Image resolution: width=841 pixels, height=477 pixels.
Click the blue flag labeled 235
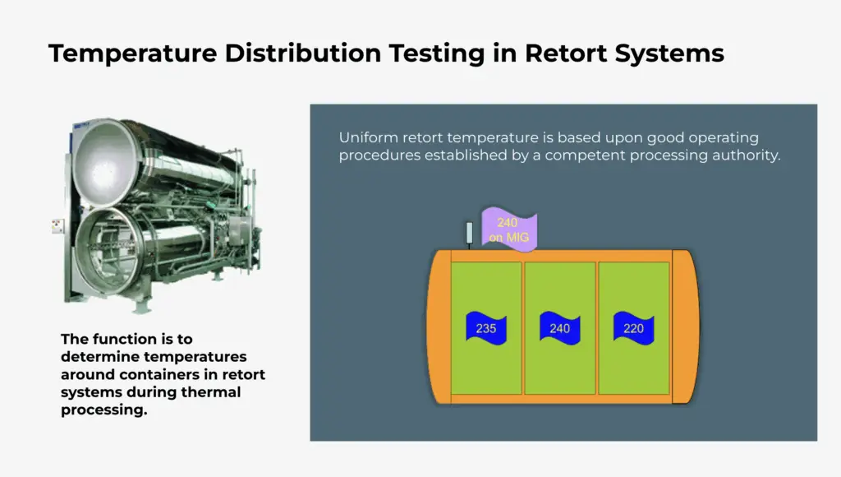click(x=486, y=327)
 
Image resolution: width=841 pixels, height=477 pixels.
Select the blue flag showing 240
click(x=560, y=327)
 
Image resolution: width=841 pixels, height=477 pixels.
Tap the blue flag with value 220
click(x=633, y=327)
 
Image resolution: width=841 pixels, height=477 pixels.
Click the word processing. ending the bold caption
click(x=104, y=410)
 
